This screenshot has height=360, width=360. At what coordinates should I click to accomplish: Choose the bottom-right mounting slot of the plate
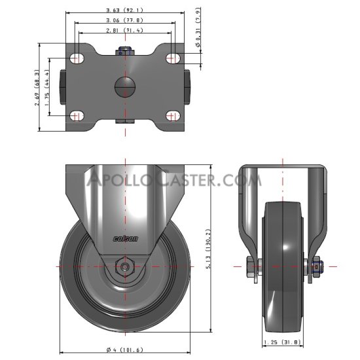point(173,116)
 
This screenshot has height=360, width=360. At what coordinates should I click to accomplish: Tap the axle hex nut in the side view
point(125,266)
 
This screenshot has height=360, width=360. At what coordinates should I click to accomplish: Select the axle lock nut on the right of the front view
point(317,266)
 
